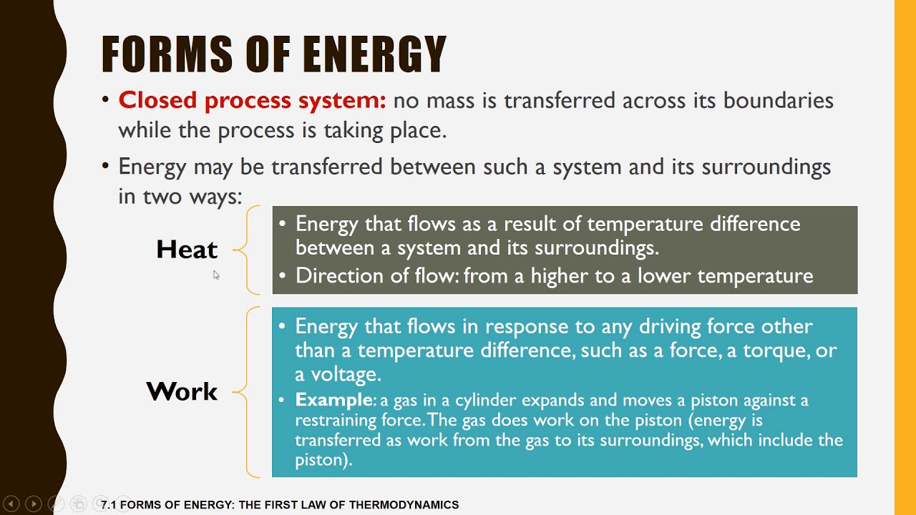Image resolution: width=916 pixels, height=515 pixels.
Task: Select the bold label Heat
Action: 187,250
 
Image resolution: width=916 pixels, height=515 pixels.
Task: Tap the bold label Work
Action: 182,391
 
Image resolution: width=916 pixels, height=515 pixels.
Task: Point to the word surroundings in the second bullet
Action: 766,167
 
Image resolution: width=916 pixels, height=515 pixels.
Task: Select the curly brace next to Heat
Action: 247,250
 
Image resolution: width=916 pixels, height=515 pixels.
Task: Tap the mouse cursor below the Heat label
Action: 216,275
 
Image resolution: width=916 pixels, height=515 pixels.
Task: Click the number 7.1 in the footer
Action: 109,505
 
